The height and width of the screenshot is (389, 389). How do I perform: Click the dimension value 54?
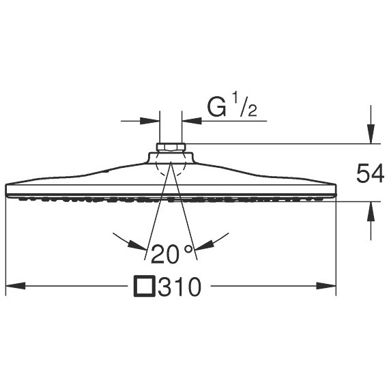pyautogui.click(x=370, y=173)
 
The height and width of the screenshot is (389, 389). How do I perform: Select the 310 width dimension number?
pyautogui.click(x=179, y=287)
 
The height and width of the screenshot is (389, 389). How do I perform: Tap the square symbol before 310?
pyautogui.click(x=145, y=286)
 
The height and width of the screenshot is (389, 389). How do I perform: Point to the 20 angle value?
pyautogui.click(x=164, y=254)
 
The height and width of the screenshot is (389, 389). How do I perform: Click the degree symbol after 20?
pyautogui.click(x=189, y=249)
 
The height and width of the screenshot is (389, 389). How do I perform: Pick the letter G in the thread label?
pyautogui.click(x=217, y=108)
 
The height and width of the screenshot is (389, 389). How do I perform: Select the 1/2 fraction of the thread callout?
pyautogui.click(x=244, y=104)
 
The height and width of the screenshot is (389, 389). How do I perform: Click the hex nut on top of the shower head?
pyautogui.click(x=171, y=147)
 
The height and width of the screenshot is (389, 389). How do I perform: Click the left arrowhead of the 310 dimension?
pyautogui.click(x=16, y=286)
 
